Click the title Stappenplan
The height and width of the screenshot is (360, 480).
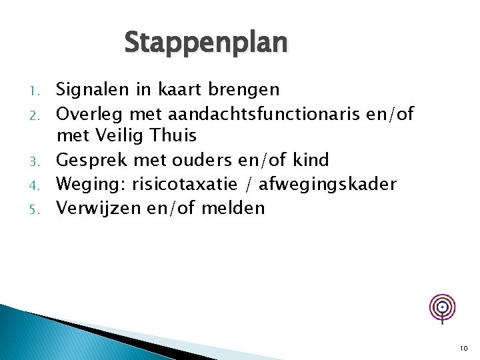(206, 43)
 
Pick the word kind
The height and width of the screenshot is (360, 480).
(311, 160)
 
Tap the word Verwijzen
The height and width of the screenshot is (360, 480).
(94, 209)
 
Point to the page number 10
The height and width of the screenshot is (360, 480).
(463, 348)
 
